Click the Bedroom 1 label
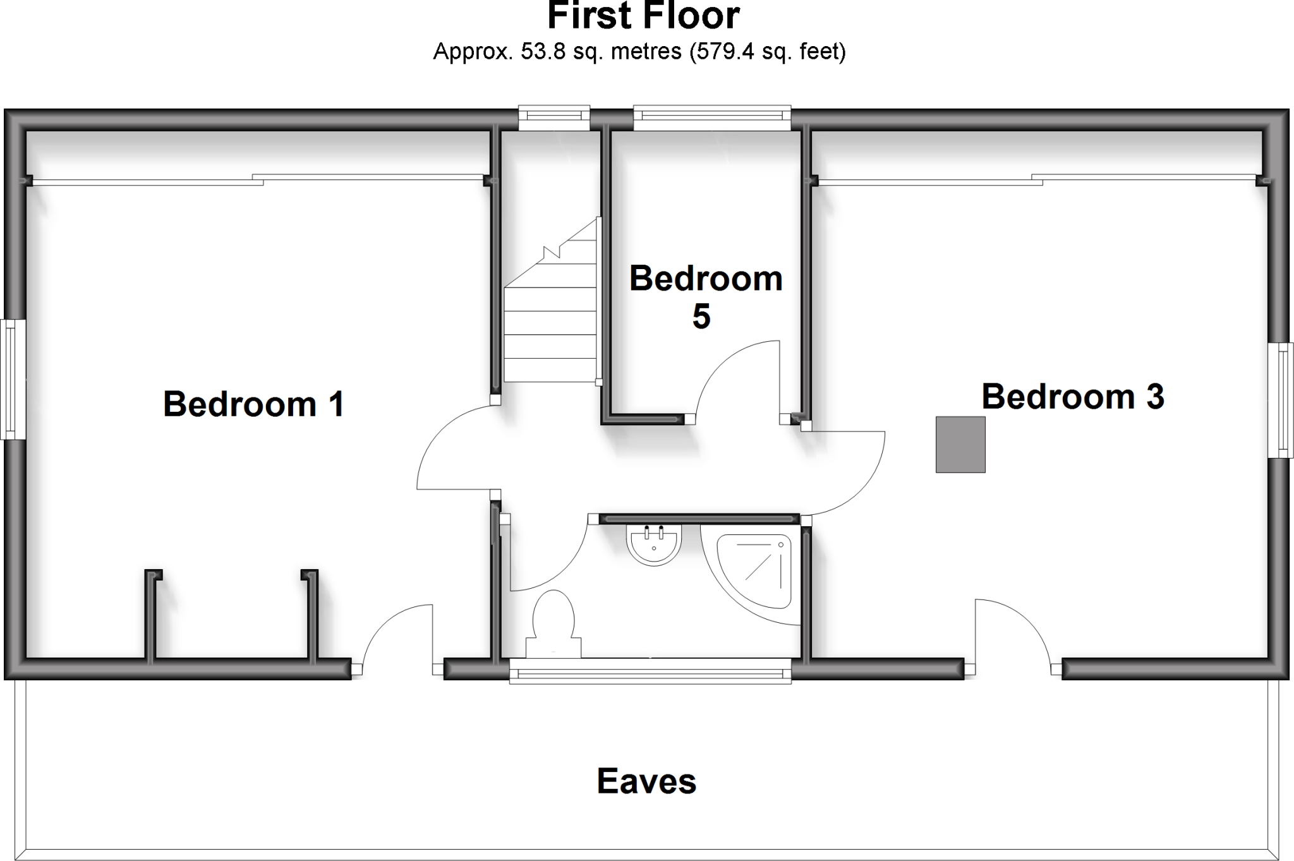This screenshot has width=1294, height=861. (x=253, y=404)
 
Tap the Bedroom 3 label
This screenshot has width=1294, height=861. (x=1072, y=397)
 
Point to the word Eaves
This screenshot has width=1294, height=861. (x=646, y=781)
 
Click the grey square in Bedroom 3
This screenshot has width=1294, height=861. (x=960, y=444)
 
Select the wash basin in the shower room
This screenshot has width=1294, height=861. (x=654, y=545)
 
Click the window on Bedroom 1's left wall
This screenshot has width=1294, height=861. (x=13, y=379)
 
